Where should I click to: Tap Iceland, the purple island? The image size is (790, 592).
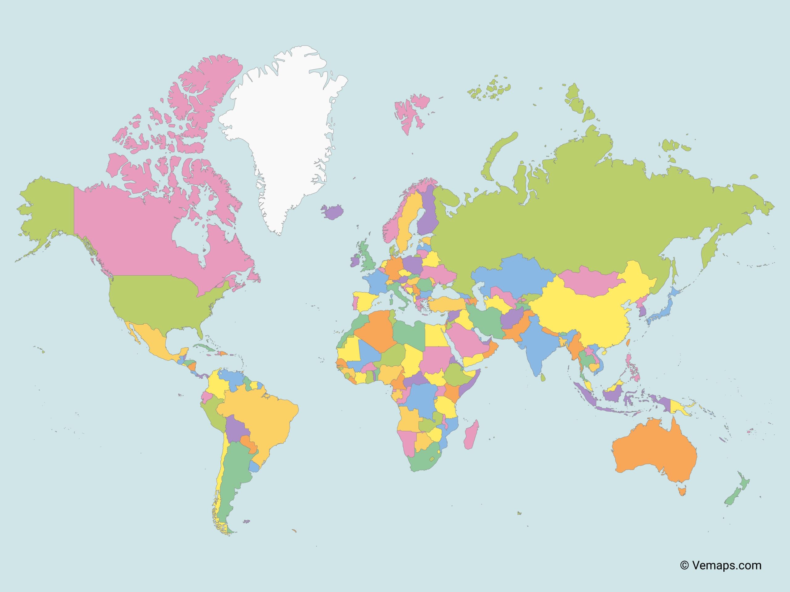(x=332, y=212)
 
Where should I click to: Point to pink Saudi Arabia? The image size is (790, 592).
(x=464, y=343)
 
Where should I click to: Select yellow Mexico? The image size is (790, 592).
(x=154, y=339)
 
